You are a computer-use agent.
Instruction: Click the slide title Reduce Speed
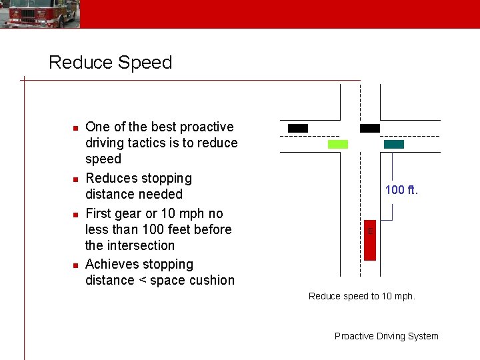[x=111, y=63]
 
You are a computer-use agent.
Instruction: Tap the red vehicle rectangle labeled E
[x=369, y=240]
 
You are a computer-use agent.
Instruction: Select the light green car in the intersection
[x=338, y=144]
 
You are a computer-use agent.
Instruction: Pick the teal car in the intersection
[x=394, y=144]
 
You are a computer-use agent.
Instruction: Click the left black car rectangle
[x=298, y=128]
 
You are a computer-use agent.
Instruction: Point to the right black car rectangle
[x=370, y=128]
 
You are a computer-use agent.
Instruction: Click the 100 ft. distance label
[x=401, y=191]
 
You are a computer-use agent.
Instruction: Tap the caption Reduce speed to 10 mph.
[x=362, y=296]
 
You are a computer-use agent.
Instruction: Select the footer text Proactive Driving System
[x=387, y=336]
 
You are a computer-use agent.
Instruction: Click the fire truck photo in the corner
[x=40, y=13]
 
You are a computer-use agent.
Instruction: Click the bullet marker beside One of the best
[x=76, y=127]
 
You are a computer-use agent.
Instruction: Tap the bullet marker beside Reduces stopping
[x=76, y=179]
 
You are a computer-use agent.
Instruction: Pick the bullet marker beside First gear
[x=76, y=214]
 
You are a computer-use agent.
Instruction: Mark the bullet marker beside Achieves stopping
[x=76, y=265]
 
